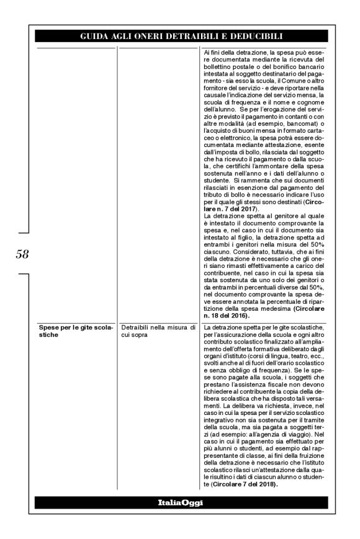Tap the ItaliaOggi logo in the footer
[179, 501]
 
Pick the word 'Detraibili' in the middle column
[135, 327]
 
